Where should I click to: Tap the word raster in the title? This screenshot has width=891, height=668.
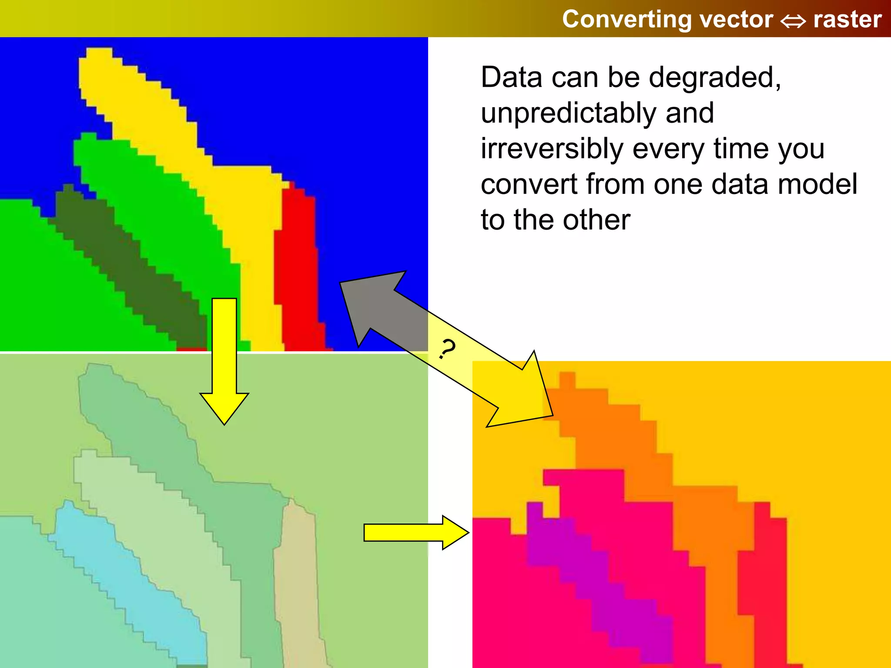click(x=847, y=20)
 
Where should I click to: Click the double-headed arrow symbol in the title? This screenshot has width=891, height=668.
click(x=793, y=21)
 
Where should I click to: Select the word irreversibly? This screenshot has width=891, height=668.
click(x=552, y=149)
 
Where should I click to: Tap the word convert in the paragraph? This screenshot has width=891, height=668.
click(x=529, y=184)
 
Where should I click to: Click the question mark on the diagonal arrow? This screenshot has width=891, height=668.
click(x=447, y=349)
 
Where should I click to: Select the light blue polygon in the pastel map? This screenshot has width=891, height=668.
click(x=126, y=578)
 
